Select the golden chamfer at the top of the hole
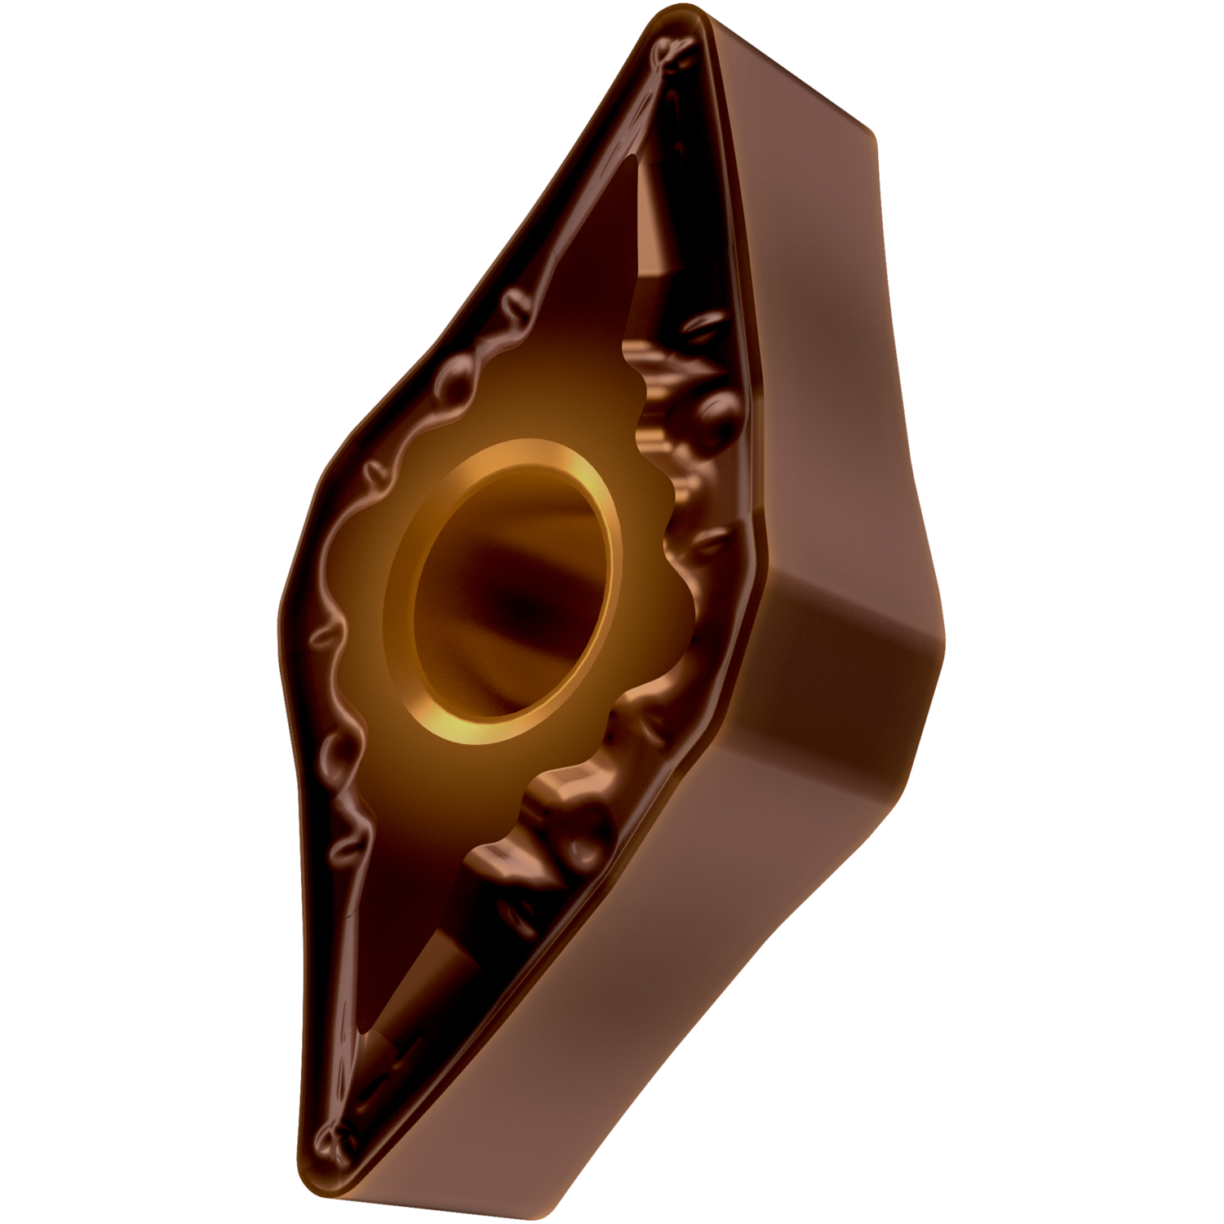(522, 457)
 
